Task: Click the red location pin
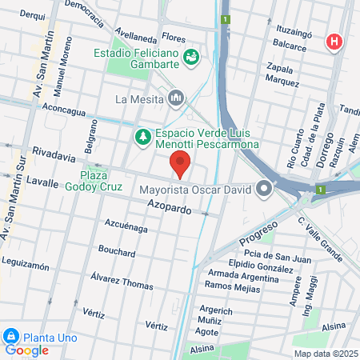click(181, 164)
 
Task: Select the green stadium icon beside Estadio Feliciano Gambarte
click(191, 57)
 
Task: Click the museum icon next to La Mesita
click(176, 99)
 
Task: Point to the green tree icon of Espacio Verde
click(143, 138)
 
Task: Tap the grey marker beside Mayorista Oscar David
click(265, 190)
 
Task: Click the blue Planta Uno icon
click(11, 335)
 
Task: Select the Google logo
click(26, 350)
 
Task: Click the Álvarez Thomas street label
click(122, 280)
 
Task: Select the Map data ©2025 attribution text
click(325, 354)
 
